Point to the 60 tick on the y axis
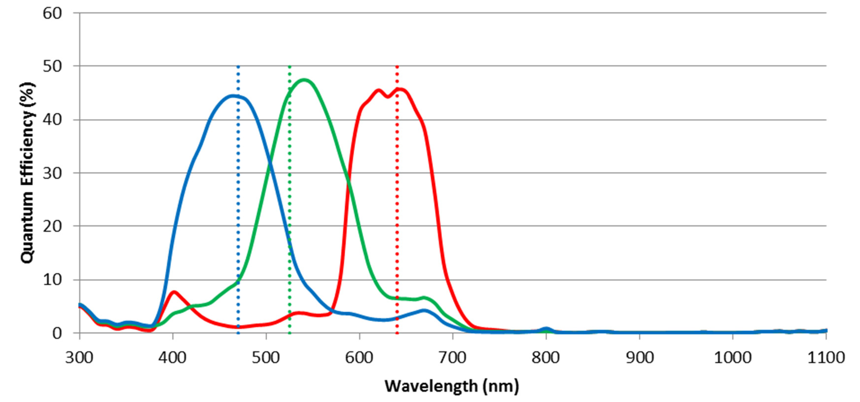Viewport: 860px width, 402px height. coord(52,13)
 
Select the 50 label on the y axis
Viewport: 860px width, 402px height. coord(52,66)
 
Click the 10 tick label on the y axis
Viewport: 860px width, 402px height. coord(52,280)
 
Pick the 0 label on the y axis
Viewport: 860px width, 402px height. coord(57,333)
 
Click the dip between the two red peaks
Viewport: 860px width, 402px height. coord(388,97)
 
